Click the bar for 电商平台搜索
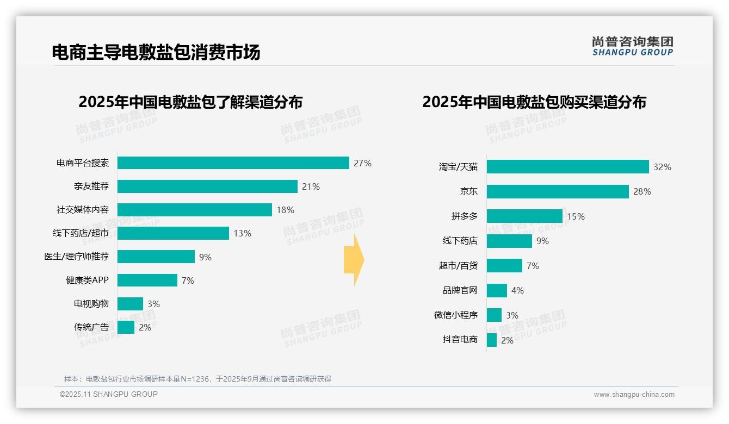[x=233, y=163]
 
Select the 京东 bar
[x=558, y=191]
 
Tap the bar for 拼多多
[x=524, y=216]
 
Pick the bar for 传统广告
[x=126, y=327]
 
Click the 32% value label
[x=662, y=167]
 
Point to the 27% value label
[x=362, y=163]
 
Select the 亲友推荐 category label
[x=91, y=186]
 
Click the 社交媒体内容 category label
[x=82, y=210]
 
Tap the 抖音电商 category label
[x=460, y=340]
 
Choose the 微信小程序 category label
[x=455, y=315]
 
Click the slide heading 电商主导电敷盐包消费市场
[x=156, y=52]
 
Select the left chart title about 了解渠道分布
[x=190, y=102]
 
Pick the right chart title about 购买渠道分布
[x=534, y=102]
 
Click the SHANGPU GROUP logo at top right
[x=632, y=46]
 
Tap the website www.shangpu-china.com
[x=634, y=395]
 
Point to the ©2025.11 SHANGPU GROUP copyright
[x=109, y=394]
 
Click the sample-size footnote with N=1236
[x=197, y=379]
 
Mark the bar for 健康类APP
[x=147, y=280]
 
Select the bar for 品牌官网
[x=497, y=290]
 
